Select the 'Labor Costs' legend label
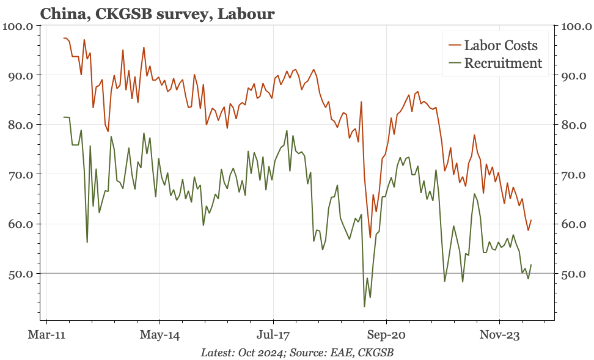click(x=501, y=45)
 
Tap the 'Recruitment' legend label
click(x=503, y=63)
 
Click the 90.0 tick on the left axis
click(x=20, y=76)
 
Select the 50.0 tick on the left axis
click(x=20, y=274)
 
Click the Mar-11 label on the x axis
click(x=47, y=335)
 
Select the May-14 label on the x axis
click(x=159, y=335)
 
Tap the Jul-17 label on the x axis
click(x=273, y=335)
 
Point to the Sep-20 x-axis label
click(x=386, y=335)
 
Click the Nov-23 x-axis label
click(x=499, y=335)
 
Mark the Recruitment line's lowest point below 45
click(x=364, y=306)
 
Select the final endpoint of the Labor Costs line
click(x=531, y=220)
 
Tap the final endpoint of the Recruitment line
click(x=531, y=265)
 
